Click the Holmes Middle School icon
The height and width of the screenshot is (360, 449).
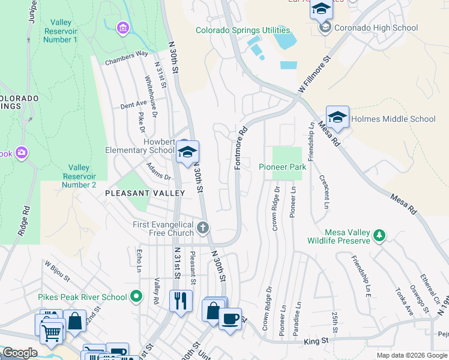click(x=337, y=118)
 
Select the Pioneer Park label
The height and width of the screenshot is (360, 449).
click(x=282, y=167)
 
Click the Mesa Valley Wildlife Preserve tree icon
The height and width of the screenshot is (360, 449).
click(x=379, y=236)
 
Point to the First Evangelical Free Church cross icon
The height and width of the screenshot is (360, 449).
click(x=203, y=228)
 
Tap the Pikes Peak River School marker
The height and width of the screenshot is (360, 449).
click(x=136, y=296)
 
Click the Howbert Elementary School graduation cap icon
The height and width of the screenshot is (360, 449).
click(x=188, y=153)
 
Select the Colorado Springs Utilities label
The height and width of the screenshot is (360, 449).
click(x=243, y=30)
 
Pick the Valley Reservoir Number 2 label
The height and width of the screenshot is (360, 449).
click(x=79, y=176)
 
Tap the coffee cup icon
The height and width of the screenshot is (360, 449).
click(x=229, y=319)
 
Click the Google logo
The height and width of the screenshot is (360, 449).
click(x=20, y=353)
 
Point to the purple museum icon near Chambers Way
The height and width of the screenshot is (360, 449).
click(x=122, y=28)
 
